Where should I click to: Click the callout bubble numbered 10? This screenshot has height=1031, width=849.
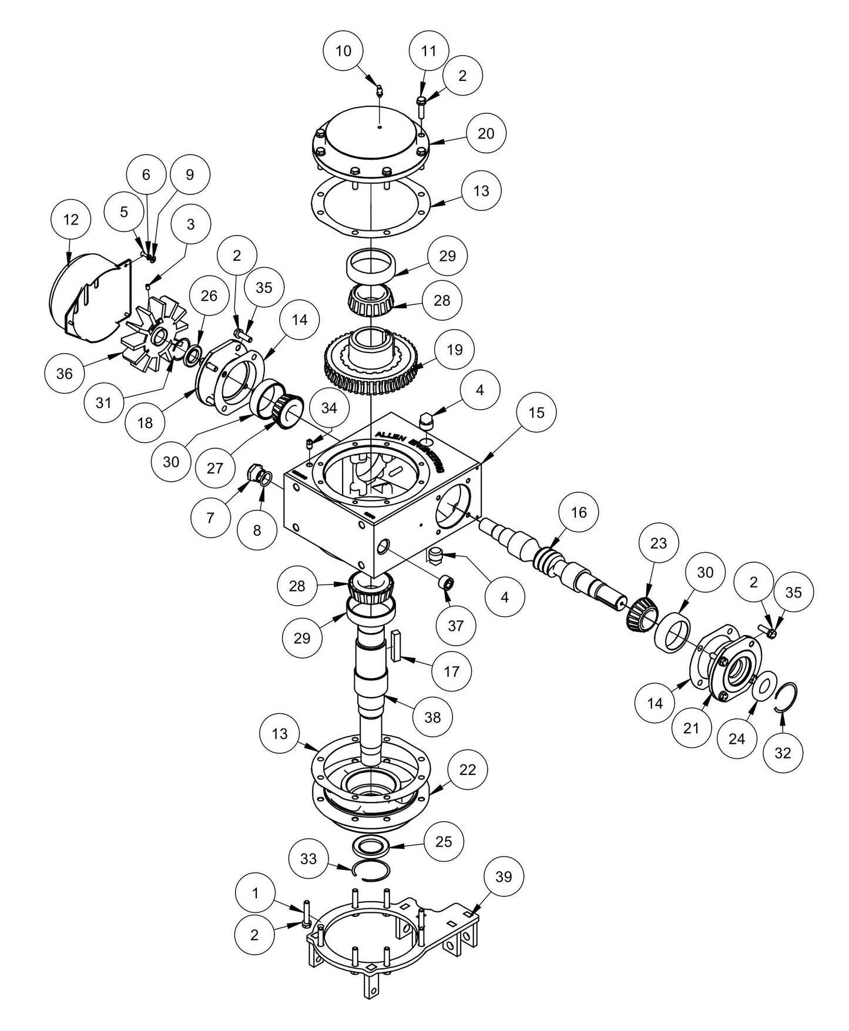[x=343, y=51]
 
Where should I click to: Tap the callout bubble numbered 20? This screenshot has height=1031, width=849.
[x=486, y=133]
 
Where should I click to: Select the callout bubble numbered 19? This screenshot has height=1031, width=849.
[x=454, y=350]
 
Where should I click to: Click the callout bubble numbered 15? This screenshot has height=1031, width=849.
[x=536, y=413]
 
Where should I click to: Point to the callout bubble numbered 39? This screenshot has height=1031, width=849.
[x=504, y=877]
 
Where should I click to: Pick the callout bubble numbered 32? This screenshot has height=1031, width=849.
[x=783, y=753]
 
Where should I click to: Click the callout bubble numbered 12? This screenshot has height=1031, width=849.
[x=71, y=220]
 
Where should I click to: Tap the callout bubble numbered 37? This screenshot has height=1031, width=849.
[x=455, y=626]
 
